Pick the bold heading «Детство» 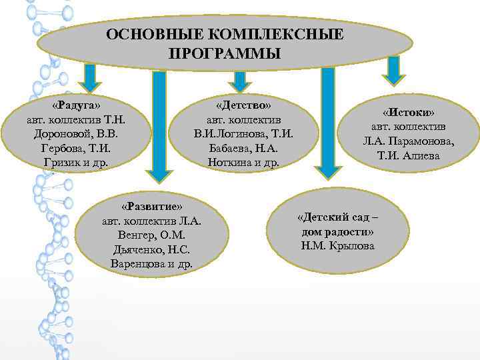(243, 106)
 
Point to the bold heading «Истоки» (409, 113)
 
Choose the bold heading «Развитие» (152, 207)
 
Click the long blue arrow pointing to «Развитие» (159, 127)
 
